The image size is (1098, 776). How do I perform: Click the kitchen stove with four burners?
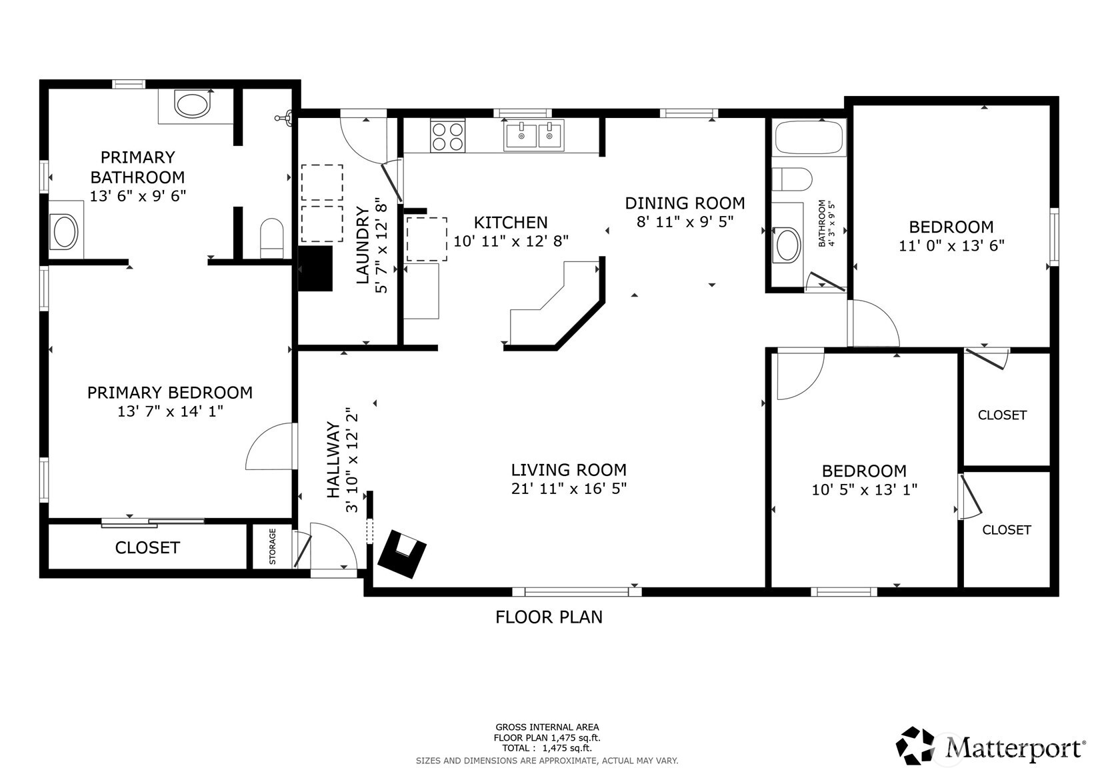(x=447, y=136)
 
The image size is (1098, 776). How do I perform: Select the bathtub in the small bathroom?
(x=809, y=138)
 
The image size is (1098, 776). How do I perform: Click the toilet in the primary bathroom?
(x=271, y=237)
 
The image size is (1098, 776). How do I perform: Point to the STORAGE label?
(x=273, y=547)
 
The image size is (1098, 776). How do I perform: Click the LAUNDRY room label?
(x=363, y=245)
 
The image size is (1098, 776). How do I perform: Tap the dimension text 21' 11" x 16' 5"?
(x=569, y=489)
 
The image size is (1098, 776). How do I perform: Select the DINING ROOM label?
(x=685, y=203)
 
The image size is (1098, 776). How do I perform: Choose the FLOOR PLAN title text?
(x=549, y=617)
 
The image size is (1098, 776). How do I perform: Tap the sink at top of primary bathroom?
(x=191, y=105)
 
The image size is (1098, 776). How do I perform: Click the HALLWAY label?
(x=333, y=460)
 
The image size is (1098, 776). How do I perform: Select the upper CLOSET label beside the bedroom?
(x=1002, y=415)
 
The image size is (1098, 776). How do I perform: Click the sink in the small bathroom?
(x=787, y=245)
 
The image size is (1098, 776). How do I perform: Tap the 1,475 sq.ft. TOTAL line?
(x=547, y=748)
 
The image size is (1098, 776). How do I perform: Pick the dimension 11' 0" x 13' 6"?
(x=951, y=245)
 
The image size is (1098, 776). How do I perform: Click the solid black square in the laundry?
(x=315, y=269)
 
